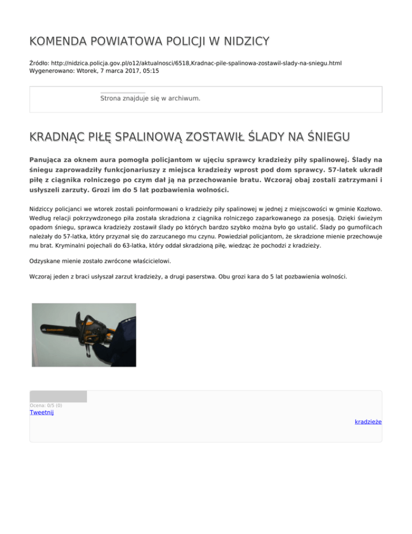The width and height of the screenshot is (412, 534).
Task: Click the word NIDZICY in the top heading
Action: [244, 41]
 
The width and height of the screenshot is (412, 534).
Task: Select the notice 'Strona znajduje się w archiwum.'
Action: [150, 98]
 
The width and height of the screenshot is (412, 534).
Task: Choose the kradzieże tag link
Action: [368, 422]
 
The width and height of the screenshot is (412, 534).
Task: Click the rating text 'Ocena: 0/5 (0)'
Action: [46, 405]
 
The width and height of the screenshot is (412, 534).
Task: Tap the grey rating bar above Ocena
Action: [58, 396]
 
